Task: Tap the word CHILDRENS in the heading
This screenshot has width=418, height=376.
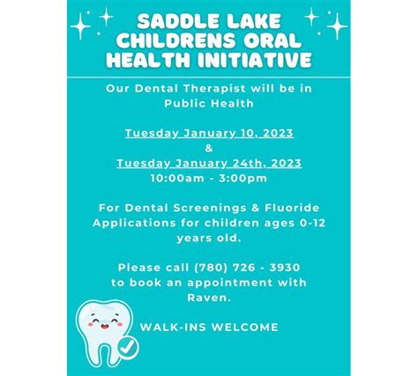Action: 176,41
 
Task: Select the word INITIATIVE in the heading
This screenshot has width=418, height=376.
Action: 255,60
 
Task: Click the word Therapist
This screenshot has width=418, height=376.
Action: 214,88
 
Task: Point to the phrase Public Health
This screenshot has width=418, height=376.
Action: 209,103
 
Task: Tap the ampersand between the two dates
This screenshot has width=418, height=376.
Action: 209,148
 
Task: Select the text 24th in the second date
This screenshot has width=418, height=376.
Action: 250,163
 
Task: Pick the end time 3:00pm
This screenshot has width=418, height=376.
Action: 243,178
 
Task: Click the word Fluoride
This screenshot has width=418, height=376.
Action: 292,208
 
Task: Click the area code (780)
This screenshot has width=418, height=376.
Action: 211,268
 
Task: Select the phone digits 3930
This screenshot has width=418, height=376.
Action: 285,268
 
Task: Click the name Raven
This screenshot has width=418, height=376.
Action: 209,298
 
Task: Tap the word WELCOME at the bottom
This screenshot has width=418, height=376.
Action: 244,328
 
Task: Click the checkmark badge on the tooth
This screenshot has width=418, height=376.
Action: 128,348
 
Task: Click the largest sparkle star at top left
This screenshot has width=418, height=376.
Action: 80,26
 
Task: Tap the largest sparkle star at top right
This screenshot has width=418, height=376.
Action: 337,26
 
